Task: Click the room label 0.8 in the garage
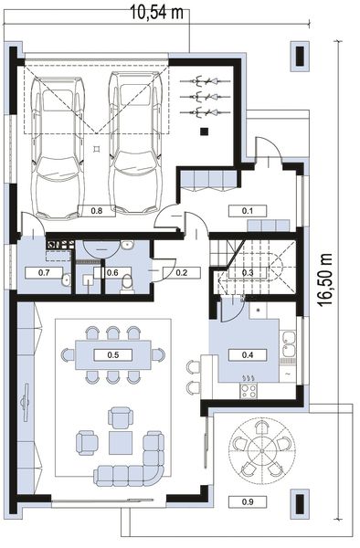[x=98, y=210]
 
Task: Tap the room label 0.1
[x=247, y=210]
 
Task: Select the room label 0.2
[x=181, y=272]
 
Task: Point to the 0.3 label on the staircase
[x=247, y=272]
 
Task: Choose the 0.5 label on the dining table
[x=113, y=353]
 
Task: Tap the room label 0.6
[x=113, y=272]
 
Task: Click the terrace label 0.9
[x=248, y=501]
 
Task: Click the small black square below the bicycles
[x=206, y=132]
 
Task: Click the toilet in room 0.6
[x=127, y=284]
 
